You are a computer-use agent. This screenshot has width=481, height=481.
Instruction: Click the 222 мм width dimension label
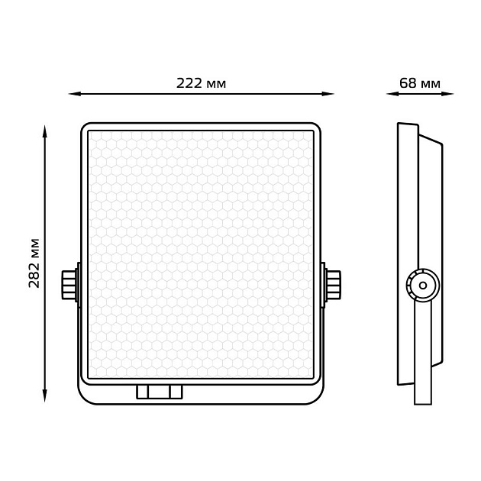coord(201,83)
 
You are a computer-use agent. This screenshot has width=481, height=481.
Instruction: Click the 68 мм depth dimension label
coord(420,83)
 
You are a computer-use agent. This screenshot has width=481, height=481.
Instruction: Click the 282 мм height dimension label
coord(34,263)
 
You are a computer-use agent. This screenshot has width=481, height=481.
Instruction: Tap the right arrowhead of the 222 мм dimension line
coord(328,94)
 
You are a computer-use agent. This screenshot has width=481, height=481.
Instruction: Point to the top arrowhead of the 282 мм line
coord(45,131)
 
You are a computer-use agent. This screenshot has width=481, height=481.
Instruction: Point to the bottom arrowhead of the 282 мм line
coord(45,395)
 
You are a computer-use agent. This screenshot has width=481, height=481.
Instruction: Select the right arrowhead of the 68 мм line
coord(447,94)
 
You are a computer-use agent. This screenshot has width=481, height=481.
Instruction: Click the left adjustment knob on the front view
coord(69,285)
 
